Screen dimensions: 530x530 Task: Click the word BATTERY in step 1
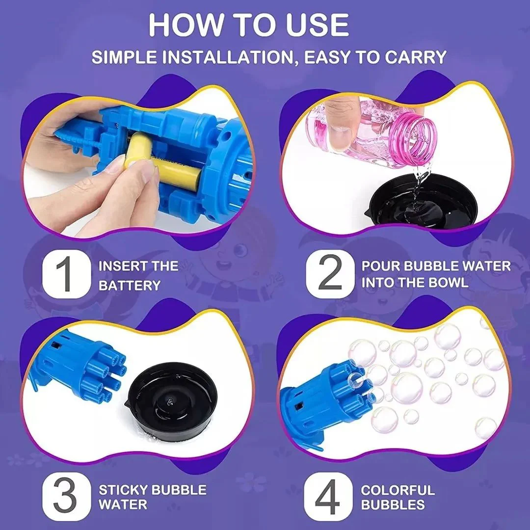tap(130, 286)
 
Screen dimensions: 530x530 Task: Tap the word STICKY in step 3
tap(123, 490)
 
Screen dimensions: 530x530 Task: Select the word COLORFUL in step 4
tap(397, 490)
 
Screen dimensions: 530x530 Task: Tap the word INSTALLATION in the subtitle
tap(227, 57)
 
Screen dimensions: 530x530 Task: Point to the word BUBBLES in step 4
tap(393, 504)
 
